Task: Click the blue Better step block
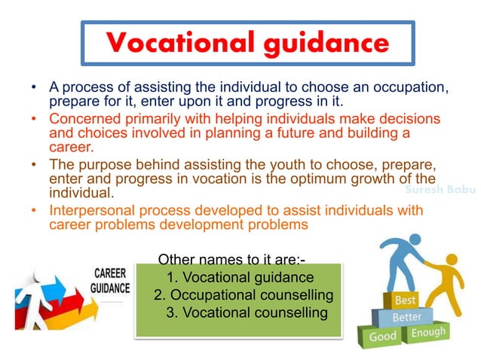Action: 406,316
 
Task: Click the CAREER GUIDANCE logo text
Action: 109,280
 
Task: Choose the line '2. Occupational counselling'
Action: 243,294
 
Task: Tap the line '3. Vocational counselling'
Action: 246,312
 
